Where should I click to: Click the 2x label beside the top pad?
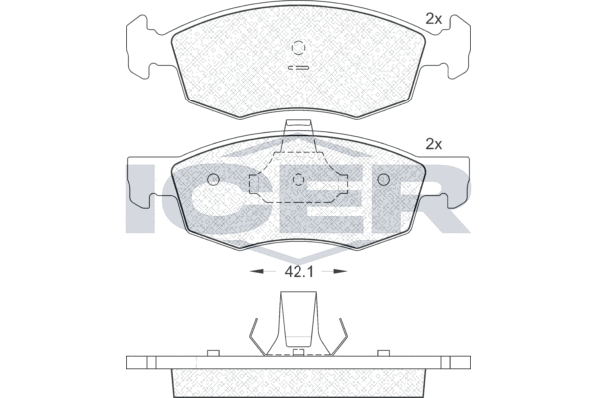coord(433,19)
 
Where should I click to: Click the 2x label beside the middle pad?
coord(433,144)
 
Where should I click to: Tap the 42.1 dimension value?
coord(298,272)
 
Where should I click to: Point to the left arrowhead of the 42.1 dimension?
coord(256,271)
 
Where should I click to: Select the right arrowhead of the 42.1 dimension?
coord(340,271)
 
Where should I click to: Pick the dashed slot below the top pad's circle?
coord(298,68)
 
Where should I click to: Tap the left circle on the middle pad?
coord(213,179)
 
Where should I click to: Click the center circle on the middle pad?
coord(298,179)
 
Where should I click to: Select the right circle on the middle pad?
coord(384,179)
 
